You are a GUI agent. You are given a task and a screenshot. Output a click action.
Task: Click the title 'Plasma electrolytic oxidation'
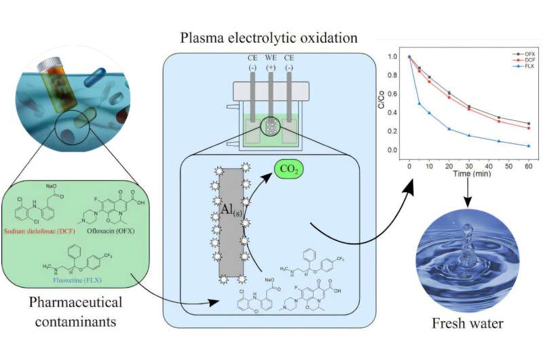[x=270, y=37]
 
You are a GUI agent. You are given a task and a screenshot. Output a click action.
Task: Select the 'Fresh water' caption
[x=468, y=323]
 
